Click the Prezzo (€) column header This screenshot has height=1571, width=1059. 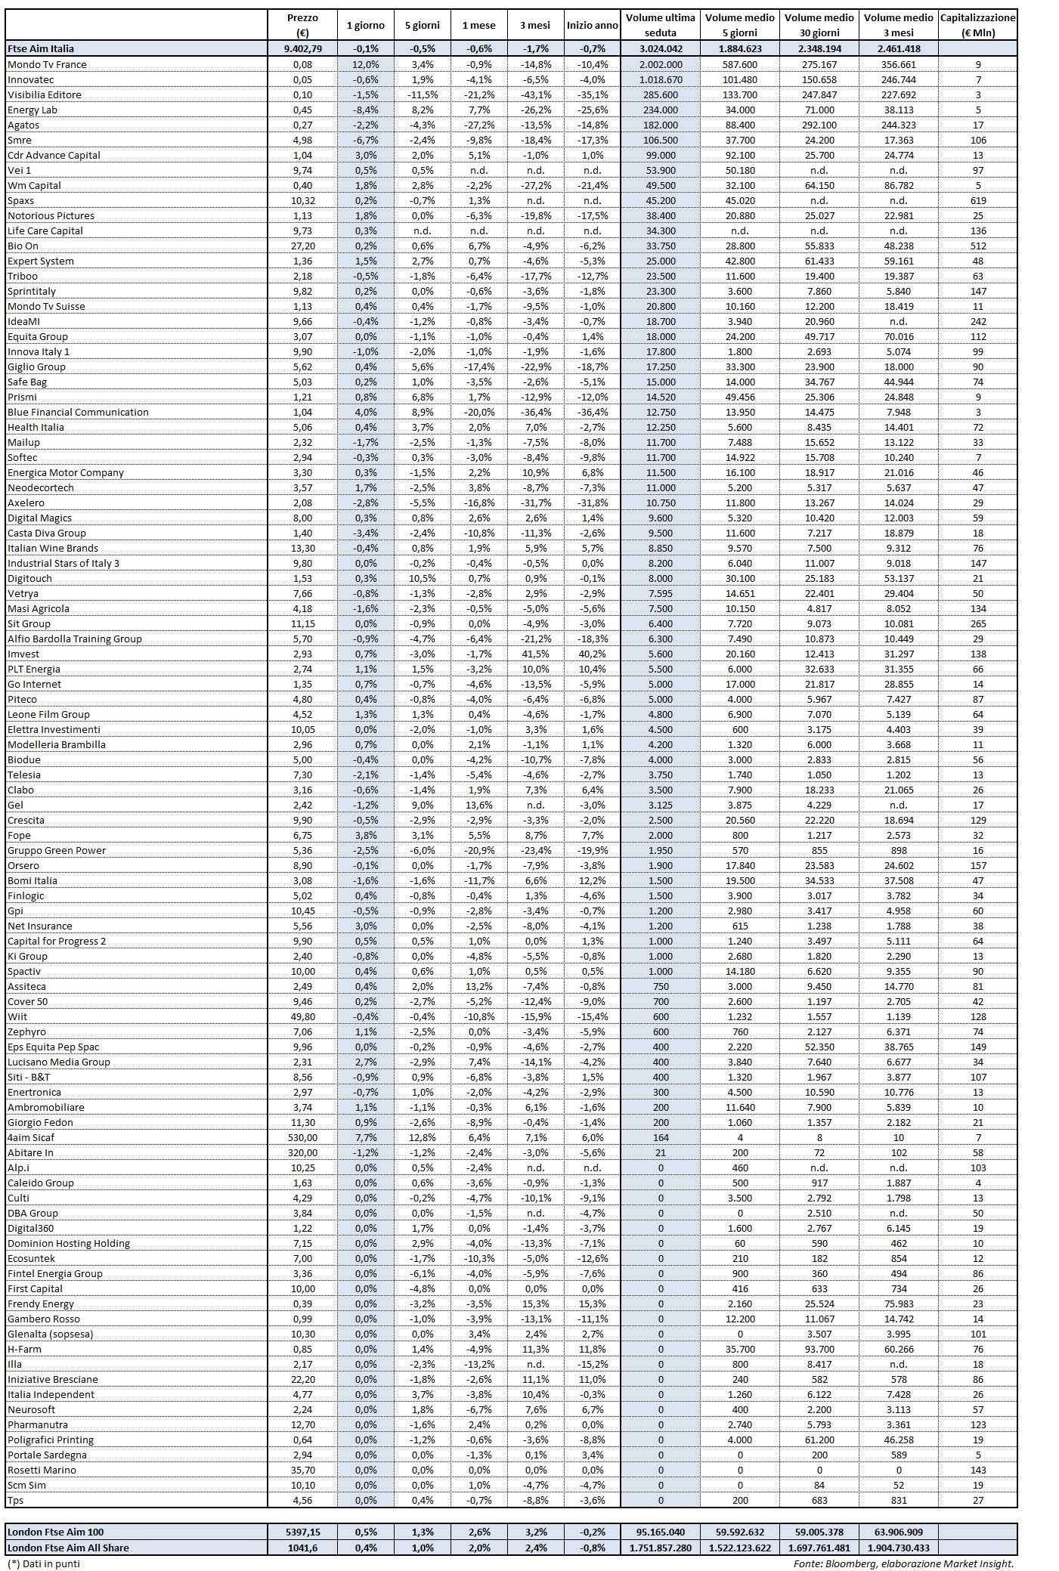[302, 25]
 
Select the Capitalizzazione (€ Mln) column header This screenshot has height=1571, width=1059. [978, 25]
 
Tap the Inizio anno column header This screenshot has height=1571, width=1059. [592, 25]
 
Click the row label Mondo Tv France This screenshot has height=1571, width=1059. [47, 64]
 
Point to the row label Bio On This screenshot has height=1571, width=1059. [23, 246]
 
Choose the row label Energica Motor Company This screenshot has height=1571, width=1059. [66, 472]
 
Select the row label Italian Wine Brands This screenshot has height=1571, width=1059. [53, 548]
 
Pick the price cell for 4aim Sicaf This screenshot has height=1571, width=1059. [302, 1137]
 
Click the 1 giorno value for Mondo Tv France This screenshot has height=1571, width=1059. [366, 64]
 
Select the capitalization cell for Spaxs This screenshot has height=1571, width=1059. [978, 200]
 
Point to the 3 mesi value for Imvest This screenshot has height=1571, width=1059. [535, 654]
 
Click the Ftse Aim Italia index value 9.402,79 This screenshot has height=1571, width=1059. [302, 48]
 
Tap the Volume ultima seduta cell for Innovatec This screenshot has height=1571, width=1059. [661, 79]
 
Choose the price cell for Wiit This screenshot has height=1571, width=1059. [302, 1016]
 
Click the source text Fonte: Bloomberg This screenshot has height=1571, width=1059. [903, 1563]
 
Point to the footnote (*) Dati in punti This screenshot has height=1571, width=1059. [43, 1563]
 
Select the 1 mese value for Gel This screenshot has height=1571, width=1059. [479, 805]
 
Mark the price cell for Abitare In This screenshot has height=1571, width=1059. [302, 1152]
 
